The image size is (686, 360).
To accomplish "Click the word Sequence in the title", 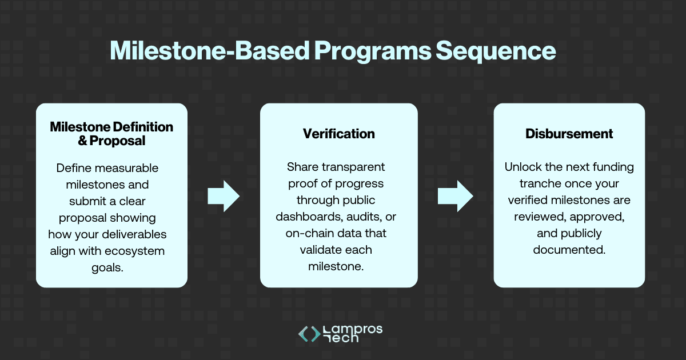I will point(495,51).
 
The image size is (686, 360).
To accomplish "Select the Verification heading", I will point(338,134).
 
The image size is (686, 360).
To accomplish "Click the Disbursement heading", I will point(569,134).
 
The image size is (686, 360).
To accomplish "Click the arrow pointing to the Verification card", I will point(224,197).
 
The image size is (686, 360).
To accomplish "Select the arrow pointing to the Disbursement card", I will point(455,197).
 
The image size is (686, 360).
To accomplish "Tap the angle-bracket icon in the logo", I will point(309,334).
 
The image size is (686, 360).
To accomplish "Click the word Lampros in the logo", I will point(353,329).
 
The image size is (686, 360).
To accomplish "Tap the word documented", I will point(568,250).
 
